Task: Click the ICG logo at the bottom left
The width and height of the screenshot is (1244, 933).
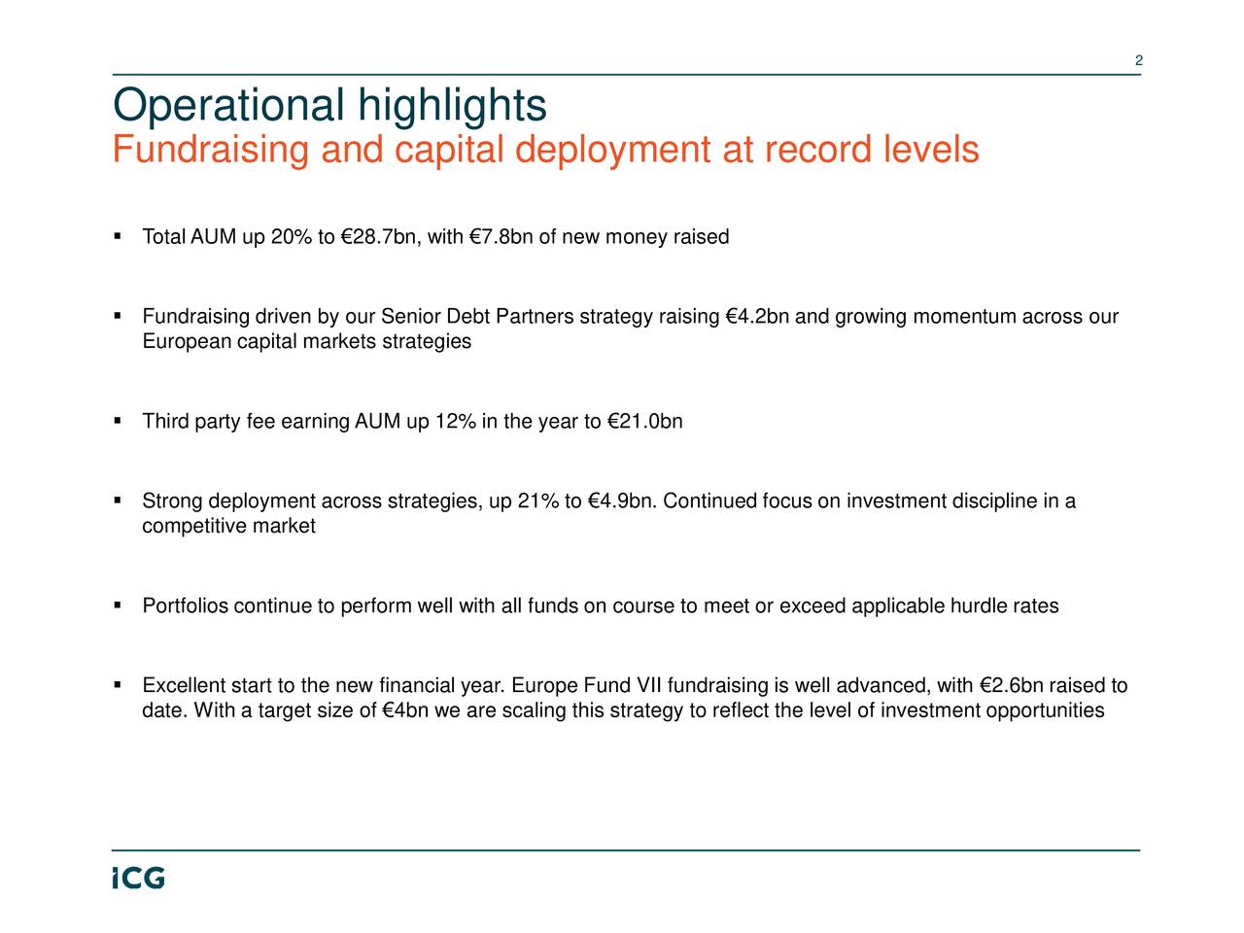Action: click(x=137, y=878)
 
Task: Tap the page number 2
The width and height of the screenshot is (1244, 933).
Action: click(x=1138, y=62)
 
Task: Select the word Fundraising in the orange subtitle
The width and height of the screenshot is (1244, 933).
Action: click(x=210, y=151)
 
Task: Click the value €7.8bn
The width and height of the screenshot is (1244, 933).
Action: click(x=501, y=237)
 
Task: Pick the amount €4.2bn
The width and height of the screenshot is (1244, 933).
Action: click(x=758, y=318)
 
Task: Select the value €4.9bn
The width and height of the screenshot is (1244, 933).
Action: click(x=624, y=501)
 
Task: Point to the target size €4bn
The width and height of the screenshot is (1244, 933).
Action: click(x=408, y=710)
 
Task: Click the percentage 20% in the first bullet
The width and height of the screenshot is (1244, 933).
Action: click(x=292, y=237)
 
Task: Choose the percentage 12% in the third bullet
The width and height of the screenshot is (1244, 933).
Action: click(x=455, y=422)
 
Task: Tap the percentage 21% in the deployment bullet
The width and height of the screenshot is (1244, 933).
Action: click(x=538, y=501)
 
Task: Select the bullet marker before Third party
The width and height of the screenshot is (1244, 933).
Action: click(x=117, y=422)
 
